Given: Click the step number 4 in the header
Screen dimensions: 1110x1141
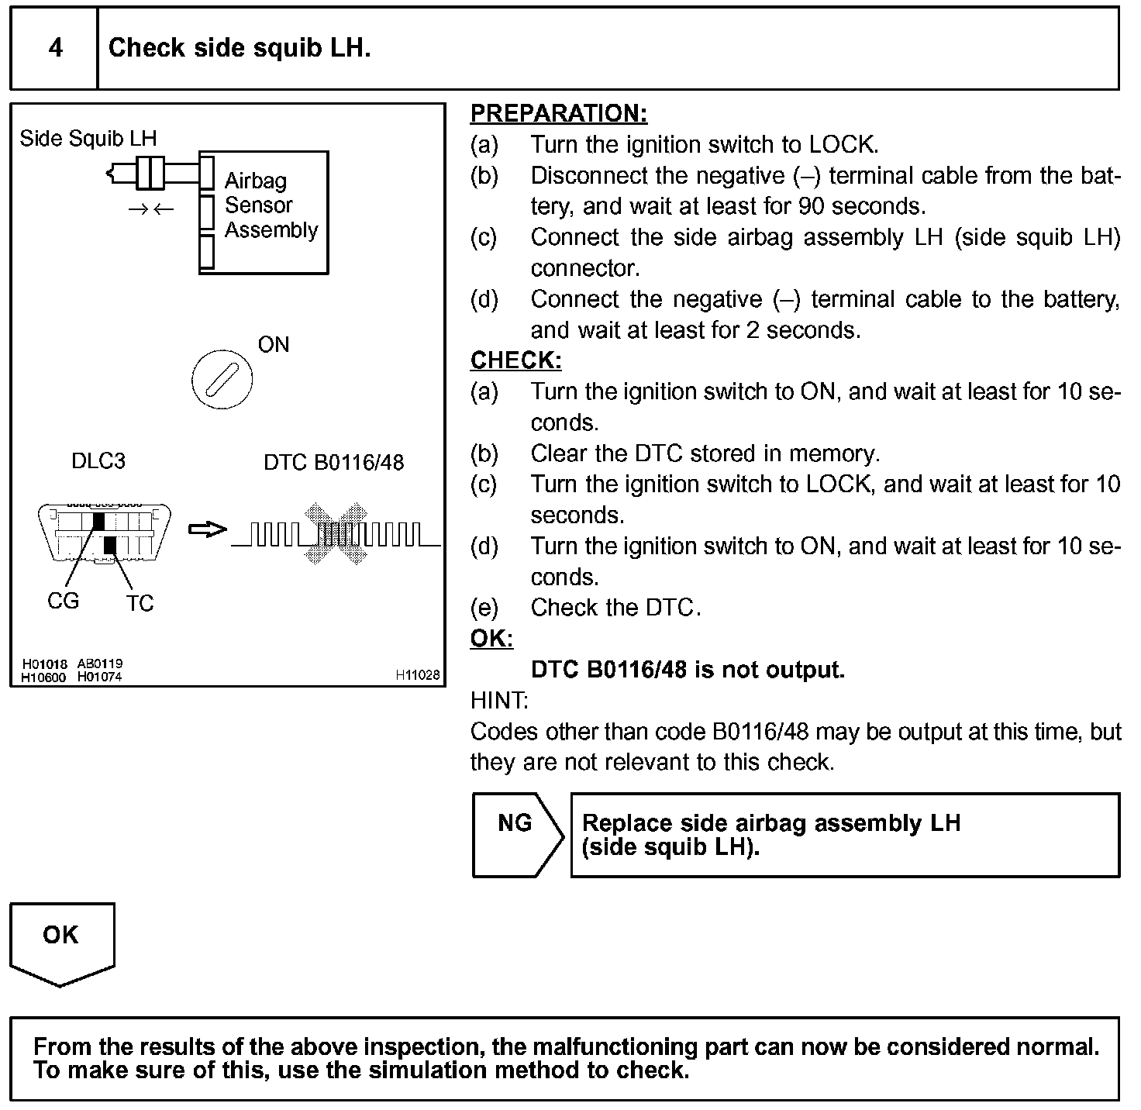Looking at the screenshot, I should coord(55,48).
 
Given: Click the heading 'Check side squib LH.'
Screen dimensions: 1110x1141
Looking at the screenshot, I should coord(240,48).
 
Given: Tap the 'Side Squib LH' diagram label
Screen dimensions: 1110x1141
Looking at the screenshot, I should coord(88,139).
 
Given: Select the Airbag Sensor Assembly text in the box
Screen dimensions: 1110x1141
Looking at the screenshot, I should coord(271,205).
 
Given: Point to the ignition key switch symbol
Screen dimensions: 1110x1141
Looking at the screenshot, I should coord(222,380).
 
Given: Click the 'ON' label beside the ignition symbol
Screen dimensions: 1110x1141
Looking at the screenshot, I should coord(273,345).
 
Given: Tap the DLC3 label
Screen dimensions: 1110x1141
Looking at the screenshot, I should coord(98,461).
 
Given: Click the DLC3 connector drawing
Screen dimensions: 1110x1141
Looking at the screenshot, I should coord(104,533).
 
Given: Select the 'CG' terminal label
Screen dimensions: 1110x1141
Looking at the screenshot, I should coord(63,601).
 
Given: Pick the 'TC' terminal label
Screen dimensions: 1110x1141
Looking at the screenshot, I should coord(140,603).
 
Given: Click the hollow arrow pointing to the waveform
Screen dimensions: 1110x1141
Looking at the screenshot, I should coord(207,529).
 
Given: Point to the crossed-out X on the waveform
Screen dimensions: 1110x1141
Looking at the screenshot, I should coord(336,533).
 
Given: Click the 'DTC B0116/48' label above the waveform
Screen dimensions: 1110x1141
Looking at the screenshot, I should coord(333,463).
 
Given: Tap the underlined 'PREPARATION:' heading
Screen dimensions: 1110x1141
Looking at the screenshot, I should coord(558,114).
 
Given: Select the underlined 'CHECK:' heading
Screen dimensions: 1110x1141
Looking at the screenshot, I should coord(515,360).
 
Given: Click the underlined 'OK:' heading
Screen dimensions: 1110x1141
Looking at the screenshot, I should coord(491,639).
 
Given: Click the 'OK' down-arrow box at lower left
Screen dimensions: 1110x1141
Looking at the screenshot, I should coord(61,939).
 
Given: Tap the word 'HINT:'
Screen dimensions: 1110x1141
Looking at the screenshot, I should coord(498,701).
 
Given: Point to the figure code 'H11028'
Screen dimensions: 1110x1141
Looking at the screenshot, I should coord(417,675).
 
